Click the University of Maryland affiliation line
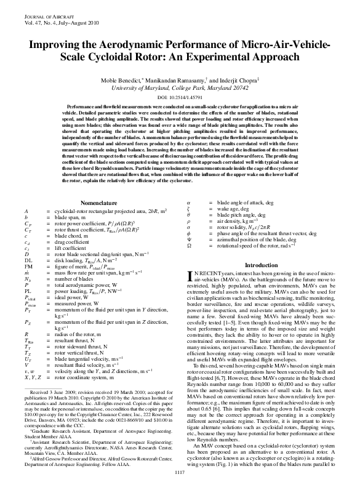(x=180, y=89)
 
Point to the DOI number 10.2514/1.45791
(x=180, y=98)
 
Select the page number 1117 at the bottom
(x=180, y=472)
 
